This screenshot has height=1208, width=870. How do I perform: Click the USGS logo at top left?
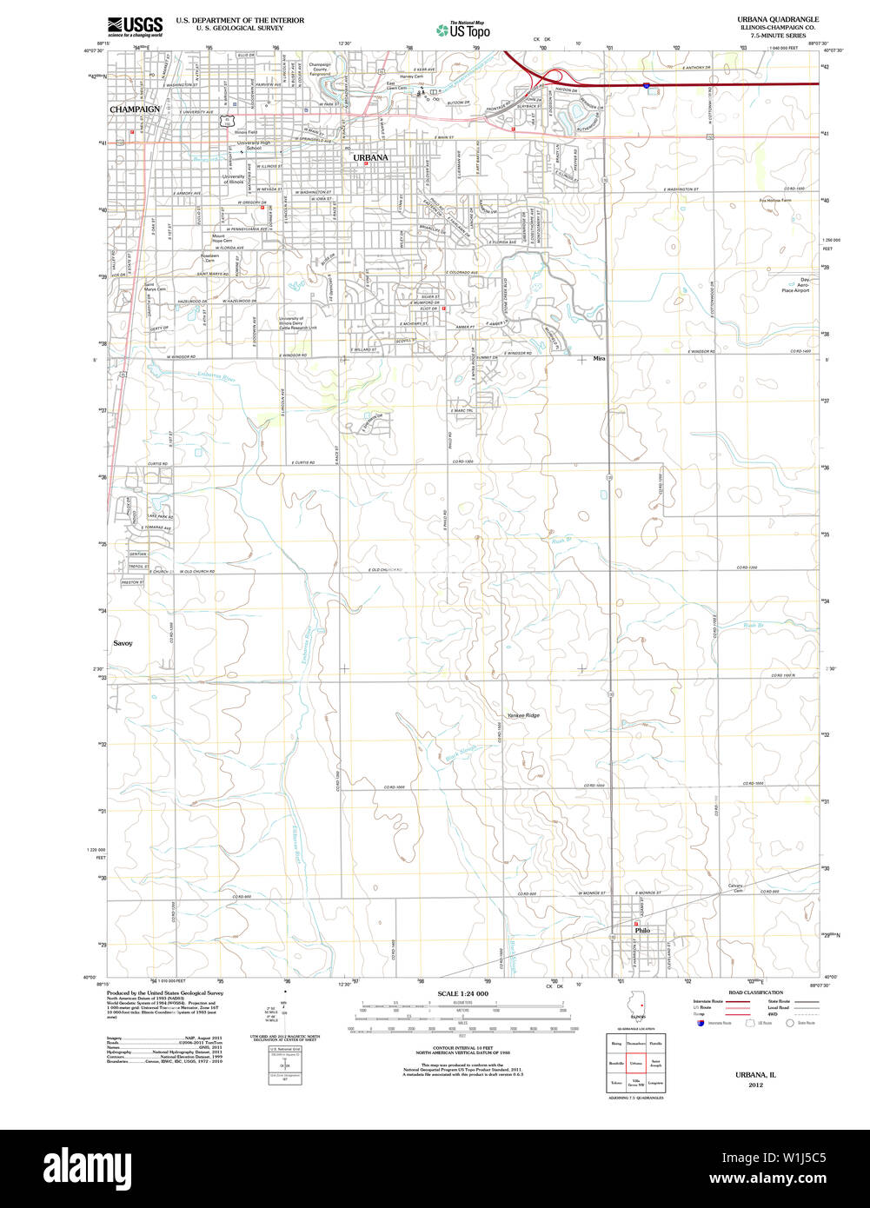point(135,27)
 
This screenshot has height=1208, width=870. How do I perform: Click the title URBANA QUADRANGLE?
point(778,19)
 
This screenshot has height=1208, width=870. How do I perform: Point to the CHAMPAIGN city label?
point(135,110)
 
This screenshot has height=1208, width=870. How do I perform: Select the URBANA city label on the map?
point(370,157)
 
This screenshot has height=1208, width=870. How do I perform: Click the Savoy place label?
point(123,643)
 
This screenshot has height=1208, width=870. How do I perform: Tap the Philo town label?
point(642,931)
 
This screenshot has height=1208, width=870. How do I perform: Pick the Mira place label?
point(599,358)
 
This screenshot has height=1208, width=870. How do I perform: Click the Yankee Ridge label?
point(523,715)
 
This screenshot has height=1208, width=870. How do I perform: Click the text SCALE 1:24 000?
point(462,993)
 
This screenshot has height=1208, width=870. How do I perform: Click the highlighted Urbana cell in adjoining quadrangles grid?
point(637,1063)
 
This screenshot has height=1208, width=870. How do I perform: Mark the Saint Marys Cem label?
point(155,287)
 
